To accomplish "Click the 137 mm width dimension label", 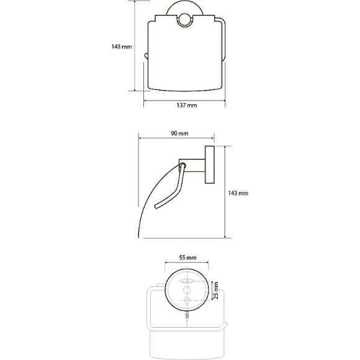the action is [187, 106].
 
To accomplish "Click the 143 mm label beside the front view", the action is [122, 47].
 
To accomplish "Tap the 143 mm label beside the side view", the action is [238, 193].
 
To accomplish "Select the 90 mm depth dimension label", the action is [179, 133].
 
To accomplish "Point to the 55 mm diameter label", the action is [187, 258].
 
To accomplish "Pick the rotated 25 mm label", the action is [215, 290].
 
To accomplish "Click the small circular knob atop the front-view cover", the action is [184, 20].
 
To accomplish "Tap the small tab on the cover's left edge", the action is [146, 56].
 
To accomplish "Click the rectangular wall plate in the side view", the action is [210, 164].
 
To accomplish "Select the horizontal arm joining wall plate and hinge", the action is [192, 165].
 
